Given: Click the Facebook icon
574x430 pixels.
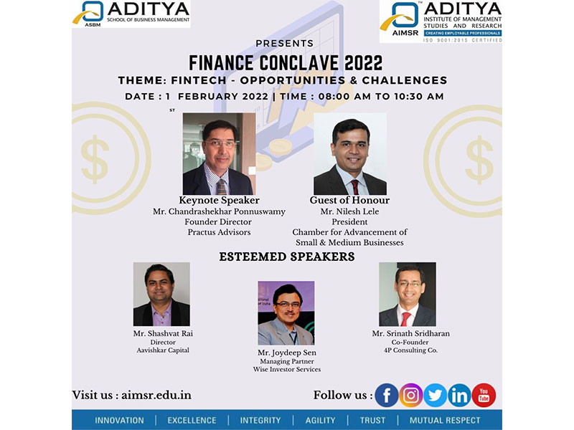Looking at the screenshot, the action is pos(387,396).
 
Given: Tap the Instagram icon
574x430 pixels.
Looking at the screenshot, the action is pos(410,396).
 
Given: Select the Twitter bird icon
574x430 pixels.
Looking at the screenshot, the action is pos(436,396).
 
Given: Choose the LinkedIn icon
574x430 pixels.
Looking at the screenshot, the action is pos(459,396).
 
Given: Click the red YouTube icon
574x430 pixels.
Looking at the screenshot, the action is pos(484,396).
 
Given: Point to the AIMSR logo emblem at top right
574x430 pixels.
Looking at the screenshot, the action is pos(400,16).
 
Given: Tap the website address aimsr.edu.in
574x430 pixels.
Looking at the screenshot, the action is pos(156,396).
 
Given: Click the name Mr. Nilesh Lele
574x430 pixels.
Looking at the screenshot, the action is pos(349,211).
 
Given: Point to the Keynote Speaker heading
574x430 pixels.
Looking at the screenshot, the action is pos(219,201).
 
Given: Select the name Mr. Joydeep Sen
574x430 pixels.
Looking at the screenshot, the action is pos(286,353).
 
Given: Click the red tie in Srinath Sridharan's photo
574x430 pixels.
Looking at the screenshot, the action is pos(405,319).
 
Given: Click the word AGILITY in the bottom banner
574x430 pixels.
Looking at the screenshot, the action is pos(320,421).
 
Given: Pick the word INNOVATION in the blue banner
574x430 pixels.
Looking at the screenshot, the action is pos(119,421).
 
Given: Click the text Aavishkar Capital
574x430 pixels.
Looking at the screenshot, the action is pos(163,350).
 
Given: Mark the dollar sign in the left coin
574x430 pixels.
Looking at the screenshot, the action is pos(95,159).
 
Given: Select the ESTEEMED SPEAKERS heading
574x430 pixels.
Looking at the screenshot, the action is pos(287,257).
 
